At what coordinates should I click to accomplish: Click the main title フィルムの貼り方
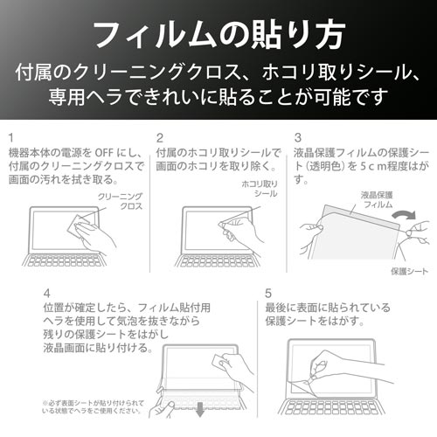click(x=218, y=34)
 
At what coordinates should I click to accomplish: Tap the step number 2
click(x=160, y=137)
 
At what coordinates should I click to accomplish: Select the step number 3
click(x=298, y=137)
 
